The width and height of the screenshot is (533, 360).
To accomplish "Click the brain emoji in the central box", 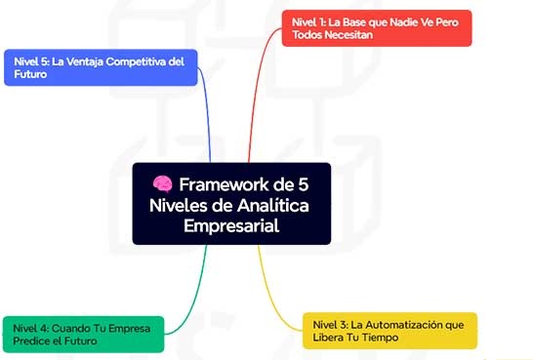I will coord(161,183).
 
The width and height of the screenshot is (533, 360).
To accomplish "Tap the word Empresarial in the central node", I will coord(231,225).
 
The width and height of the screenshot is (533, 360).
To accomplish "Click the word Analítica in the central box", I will coord(273,205).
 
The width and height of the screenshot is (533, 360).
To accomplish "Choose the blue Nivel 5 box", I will coord(100,67).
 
